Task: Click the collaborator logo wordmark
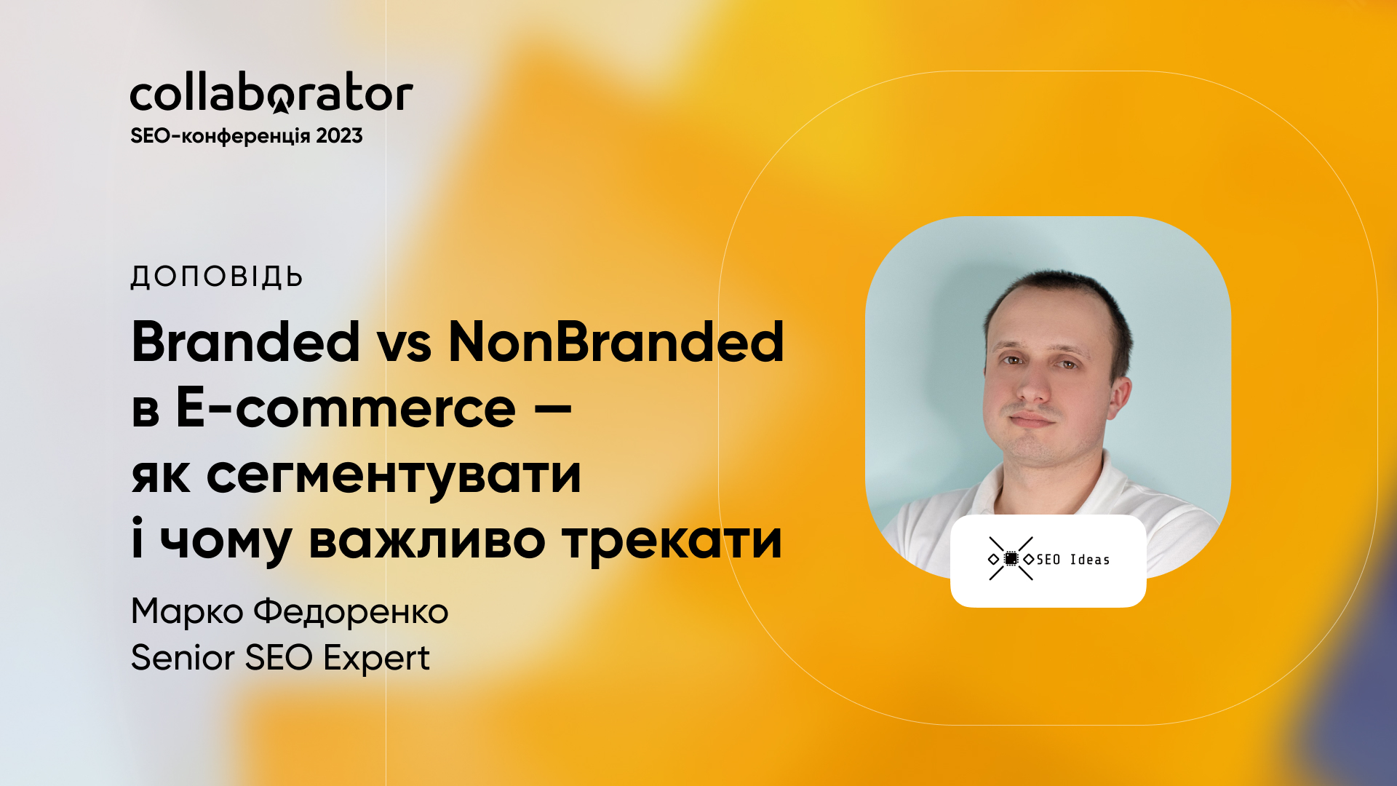point(271,92)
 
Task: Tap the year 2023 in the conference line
point(339,136)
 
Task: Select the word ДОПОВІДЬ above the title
point(217,277)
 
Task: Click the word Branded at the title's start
point(246,341)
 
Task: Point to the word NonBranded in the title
point(616,341)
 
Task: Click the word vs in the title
point(405,348)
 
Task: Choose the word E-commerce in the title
point(346,408)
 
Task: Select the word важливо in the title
point(427,542)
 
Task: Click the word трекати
point(672,542)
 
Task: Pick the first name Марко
point(187,612)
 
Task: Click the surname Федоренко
point(351,612)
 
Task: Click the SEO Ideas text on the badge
point(1073,560)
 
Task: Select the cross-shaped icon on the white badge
point(1011,559)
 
